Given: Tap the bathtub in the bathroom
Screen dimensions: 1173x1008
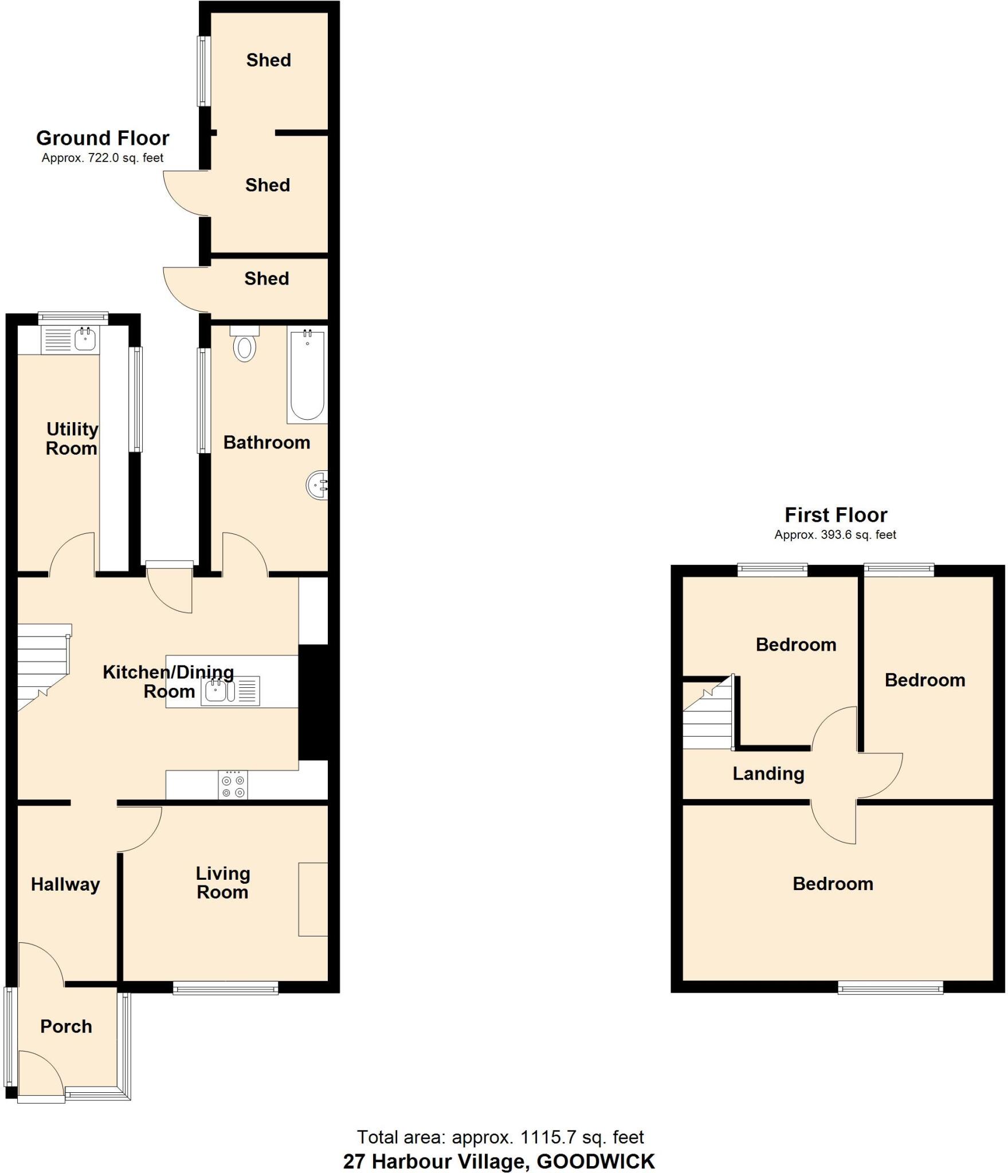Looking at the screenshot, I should (308, 376).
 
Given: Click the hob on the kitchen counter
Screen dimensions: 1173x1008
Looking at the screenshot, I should (233, 785).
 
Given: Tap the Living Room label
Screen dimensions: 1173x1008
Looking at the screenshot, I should (223, 883).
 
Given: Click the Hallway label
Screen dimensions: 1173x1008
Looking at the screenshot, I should (65, 884).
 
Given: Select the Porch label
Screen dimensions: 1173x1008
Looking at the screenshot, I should (66, 1026).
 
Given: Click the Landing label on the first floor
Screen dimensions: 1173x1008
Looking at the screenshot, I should (768, 774).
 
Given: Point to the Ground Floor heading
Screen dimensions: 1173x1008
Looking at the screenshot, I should (103, 138).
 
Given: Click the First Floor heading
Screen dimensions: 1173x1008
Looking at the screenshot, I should (836, 515).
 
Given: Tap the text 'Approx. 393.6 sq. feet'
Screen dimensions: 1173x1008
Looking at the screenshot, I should (835, 535).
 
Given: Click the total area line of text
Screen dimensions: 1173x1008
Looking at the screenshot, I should (500, 1136).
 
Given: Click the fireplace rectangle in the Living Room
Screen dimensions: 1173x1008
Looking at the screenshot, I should (313, 899).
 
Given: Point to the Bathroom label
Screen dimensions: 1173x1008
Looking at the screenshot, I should (266, 443).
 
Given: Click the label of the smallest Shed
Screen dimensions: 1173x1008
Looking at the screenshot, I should (266, 279).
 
